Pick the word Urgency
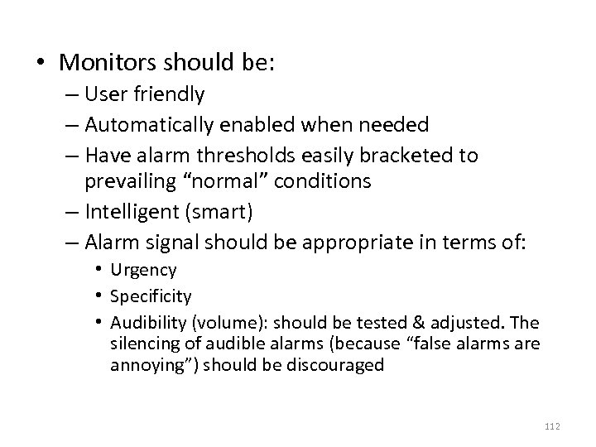point(143,270)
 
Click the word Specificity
point(151,296)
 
